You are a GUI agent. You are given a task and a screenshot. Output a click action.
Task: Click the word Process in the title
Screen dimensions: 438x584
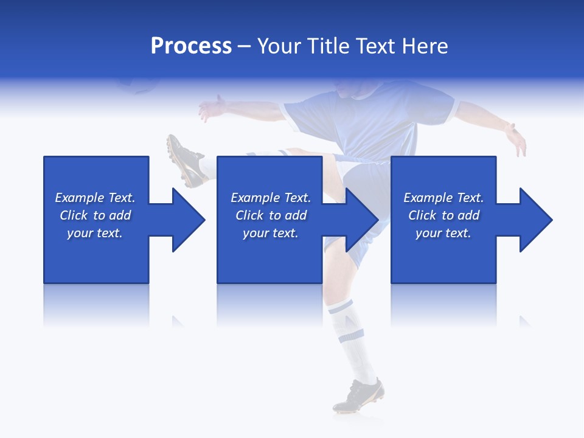point(191,46)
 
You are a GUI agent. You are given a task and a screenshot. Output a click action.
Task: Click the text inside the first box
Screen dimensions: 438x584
point(95,215)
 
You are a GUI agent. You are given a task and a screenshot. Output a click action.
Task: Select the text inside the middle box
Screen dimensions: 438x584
point(270,215)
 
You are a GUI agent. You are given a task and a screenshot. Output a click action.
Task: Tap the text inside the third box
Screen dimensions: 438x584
point(443,215)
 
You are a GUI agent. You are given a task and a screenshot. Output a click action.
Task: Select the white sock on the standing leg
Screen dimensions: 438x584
point(353,341)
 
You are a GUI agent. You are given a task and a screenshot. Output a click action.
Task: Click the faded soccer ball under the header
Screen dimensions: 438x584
point(137,85)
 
